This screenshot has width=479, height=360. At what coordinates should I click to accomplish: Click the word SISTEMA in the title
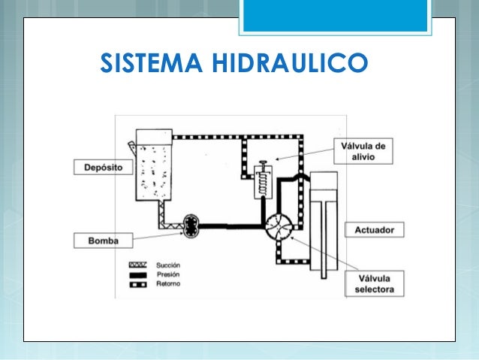coord(151,62)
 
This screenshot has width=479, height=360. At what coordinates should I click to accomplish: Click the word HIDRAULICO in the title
coord(290,62)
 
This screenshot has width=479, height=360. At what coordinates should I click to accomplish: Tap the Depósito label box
coord(104,168)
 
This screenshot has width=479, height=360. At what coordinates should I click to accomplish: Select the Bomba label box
coord(104,241)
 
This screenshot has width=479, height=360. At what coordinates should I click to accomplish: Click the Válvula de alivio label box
coord(363,151)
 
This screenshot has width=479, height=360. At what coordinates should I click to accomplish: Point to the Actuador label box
coord(375,230)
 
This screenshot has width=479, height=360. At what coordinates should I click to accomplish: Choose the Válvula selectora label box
coord(375,283)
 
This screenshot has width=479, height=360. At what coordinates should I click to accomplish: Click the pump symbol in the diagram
coord(191,226)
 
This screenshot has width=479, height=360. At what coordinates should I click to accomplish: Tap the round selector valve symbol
coord(279,227)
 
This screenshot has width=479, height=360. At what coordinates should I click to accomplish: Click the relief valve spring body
coord(263,183)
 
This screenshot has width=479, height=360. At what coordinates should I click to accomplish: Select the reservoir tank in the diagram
coord(154,165)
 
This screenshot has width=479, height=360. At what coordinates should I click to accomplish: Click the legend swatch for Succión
coord(138,265)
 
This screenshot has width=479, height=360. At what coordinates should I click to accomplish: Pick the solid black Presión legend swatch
coord(138,274)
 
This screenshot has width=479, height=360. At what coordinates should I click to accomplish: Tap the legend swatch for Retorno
coord(138,284)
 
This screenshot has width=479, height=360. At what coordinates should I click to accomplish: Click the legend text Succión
coord(168,265)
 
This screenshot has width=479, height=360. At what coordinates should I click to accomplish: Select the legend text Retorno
coord(168,284)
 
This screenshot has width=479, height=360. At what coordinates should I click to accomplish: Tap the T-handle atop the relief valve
coord(263,163)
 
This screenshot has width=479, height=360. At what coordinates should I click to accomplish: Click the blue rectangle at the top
coord(335,16)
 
